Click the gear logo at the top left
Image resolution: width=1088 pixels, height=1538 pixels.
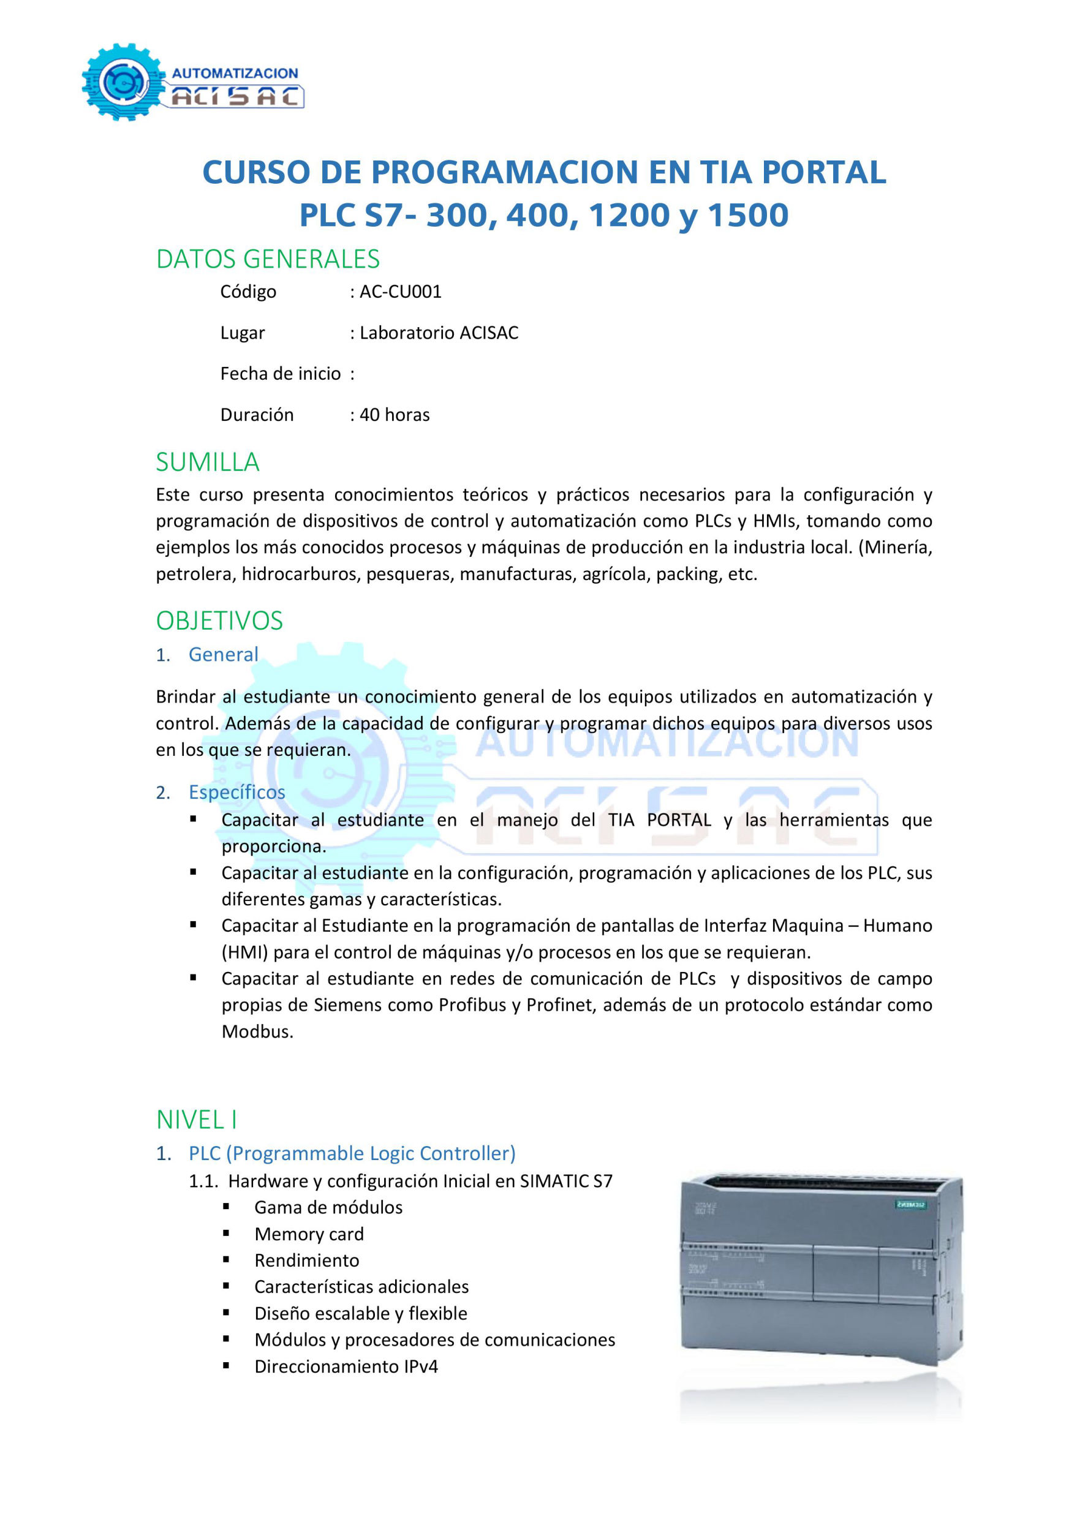123,81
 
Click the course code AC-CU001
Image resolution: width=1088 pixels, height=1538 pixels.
401,292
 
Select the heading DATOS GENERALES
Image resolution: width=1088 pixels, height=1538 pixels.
267,258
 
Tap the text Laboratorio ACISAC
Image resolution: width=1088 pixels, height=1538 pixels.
439,333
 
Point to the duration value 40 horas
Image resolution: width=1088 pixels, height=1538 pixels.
395,415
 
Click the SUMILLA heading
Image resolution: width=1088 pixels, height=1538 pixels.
207,462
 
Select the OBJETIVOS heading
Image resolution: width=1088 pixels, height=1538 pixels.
219,620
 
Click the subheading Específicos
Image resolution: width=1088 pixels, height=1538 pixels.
236,792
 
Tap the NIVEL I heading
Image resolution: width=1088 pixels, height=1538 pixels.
196,1119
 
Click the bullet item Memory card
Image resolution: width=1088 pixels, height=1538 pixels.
309,1233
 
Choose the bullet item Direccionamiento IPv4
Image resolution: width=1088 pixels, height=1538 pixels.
346,1366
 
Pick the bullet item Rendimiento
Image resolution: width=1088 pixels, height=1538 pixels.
307,1260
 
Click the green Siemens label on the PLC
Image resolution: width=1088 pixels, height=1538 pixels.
911,1204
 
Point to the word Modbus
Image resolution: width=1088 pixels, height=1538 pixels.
257,1031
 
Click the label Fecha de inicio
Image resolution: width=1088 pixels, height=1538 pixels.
280,374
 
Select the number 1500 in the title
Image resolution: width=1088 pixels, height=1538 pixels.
747,215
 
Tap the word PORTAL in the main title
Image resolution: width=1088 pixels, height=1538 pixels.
823,172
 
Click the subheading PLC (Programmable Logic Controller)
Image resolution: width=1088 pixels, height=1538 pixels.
352,1153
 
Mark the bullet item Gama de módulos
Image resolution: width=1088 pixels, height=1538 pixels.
328,1207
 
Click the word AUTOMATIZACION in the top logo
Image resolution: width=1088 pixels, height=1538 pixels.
235,74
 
